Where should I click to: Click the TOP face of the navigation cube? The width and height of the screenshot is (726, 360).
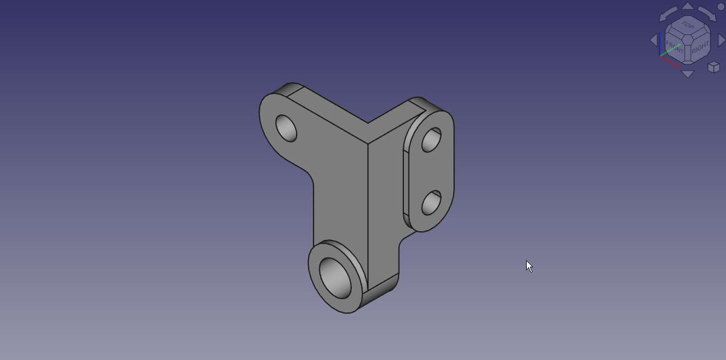(x=687, y=25)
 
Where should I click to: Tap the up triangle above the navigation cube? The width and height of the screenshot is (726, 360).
(x=687, y=6)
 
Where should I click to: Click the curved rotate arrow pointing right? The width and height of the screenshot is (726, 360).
(x=707, y=14)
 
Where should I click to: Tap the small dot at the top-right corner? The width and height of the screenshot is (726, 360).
(x=721, y=8)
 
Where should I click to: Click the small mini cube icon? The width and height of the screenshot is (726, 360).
(x=714, y=67)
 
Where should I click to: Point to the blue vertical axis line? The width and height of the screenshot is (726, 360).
(x=659, y=44)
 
